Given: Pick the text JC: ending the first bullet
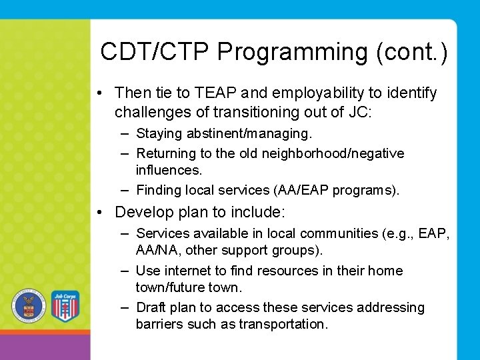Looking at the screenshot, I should coord(360,111).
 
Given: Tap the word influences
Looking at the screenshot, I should coord(169,171).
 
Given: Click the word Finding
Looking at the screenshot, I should coord(159,190).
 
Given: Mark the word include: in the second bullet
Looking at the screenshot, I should coord(258,213).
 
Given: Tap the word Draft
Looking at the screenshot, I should coord(151,307).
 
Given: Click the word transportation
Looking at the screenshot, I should coord(288,325).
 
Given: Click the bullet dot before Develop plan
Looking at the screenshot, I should coord(99,213).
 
